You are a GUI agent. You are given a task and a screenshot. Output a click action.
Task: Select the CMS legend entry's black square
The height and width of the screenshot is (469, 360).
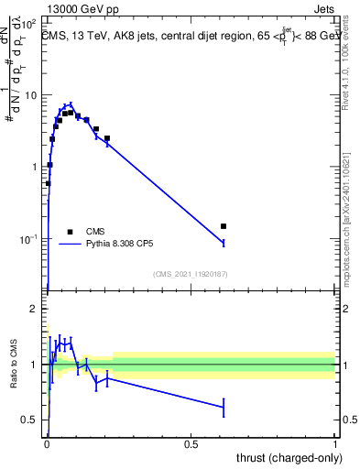pyautogui.click(x=70, y=232)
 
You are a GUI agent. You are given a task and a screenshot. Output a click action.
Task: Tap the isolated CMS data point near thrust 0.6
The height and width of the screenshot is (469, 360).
pyautogui.click(x=224, y=225)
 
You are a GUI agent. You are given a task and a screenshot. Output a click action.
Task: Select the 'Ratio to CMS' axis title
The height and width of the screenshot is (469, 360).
pyautogui.click(x=14, y=364)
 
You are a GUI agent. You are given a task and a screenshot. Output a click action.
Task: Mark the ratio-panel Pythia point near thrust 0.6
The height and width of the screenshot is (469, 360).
pyautogui.click(x=224, y=406)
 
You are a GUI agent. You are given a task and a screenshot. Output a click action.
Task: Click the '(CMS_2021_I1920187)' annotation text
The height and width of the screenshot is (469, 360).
pyautogui.click(x=191, y=273)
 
